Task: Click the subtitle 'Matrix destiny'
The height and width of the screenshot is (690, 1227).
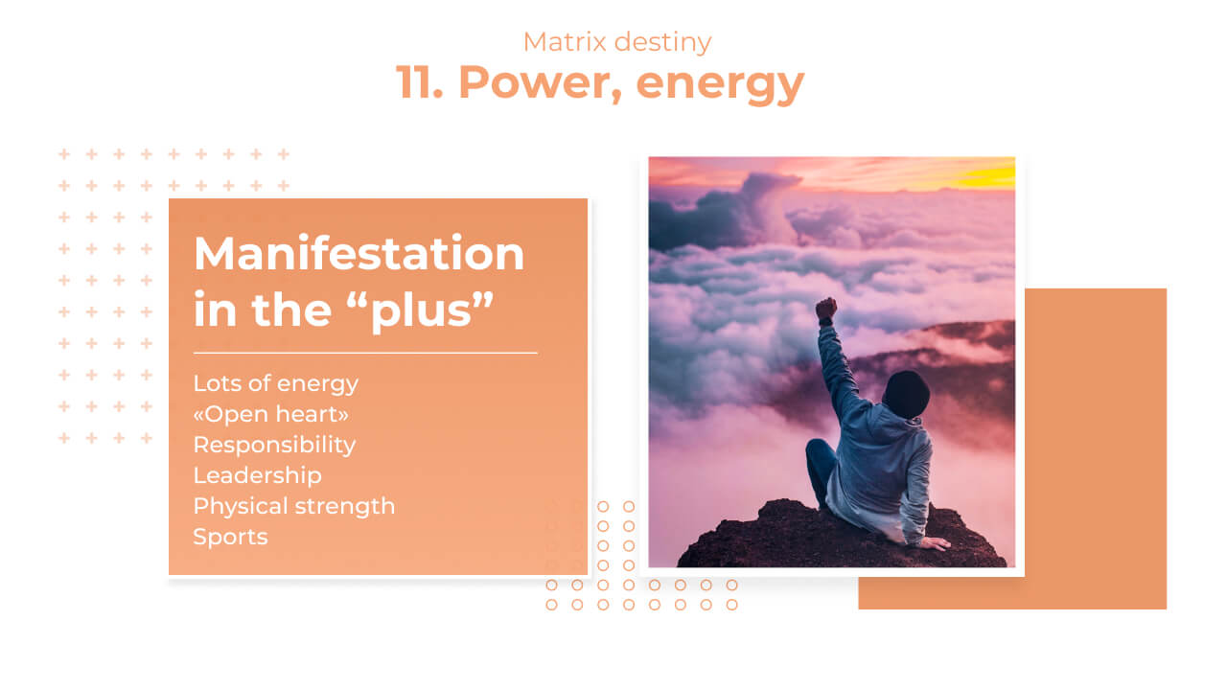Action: (616, 42)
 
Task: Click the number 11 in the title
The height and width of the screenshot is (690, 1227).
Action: (419, 82)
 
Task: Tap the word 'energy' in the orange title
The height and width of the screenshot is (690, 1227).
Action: (720, 86)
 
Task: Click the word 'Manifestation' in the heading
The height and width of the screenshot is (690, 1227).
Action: (359, 254)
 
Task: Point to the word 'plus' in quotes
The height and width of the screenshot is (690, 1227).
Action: (421, 311)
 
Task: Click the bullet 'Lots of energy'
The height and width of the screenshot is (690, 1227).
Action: (275, 384)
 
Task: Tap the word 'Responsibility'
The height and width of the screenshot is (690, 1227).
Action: (274, 446)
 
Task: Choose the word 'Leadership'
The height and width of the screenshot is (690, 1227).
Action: (258, 475)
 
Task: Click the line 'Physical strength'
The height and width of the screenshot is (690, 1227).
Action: (294, 506)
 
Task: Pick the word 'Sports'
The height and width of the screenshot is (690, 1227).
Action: (231, 537)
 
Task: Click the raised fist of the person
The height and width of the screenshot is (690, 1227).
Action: (826, 310)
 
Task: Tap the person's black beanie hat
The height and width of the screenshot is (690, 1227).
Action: (906, 394)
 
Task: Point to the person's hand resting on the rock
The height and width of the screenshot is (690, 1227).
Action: (935, 543)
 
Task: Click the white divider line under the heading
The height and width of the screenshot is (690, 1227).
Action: (365, 354)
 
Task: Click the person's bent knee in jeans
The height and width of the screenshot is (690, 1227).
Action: (818, 451)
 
